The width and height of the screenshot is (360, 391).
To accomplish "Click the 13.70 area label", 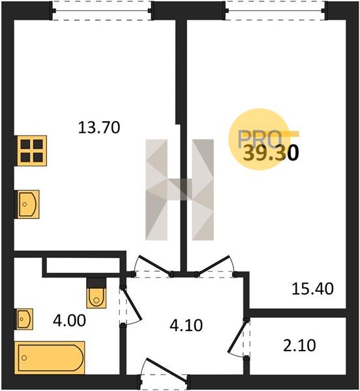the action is [99, 128].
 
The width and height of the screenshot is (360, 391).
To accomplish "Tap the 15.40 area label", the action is [312, 289].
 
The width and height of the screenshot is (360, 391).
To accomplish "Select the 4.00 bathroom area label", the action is [69, 321].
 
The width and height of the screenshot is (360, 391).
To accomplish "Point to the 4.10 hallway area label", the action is [186, 325].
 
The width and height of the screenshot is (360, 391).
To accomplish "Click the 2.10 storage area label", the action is [299, 345].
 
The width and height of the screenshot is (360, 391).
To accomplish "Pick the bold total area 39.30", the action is [271, 153].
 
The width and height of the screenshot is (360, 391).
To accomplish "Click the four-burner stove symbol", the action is [32, 151].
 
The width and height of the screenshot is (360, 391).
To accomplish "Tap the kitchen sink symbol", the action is [27, 204].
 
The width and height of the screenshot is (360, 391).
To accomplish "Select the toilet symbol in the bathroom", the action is [97, 294].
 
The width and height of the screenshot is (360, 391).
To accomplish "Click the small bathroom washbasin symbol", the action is [24, 319].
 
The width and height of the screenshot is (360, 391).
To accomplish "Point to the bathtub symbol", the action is [50, 358].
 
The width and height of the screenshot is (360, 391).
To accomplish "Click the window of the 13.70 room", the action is [102, 10].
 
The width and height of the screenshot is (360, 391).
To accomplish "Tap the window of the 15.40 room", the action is [276, 10].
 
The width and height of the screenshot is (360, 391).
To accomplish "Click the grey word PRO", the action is [260, 139].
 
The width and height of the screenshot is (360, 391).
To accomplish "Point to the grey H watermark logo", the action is [179, 190].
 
